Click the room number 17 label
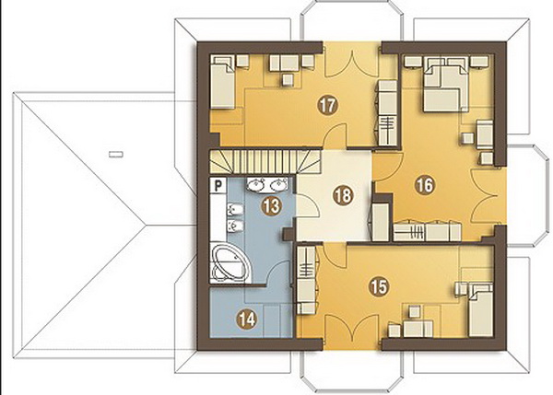pos(327,105)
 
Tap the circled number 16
pos(425,184)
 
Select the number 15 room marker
pos(379,285)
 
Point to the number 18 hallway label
pos(343,195)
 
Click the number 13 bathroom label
pos(272,205)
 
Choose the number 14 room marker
pos(247,319)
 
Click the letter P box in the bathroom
pos(218,185)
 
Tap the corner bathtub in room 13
pos(229,262)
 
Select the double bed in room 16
pos(446,85)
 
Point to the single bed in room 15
pos(480,309)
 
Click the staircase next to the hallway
pos(265,161)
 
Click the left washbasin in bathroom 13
pos(256,183)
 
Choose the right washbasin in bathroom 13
pos(279,183)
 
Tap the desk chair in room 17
pos(288,80)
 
